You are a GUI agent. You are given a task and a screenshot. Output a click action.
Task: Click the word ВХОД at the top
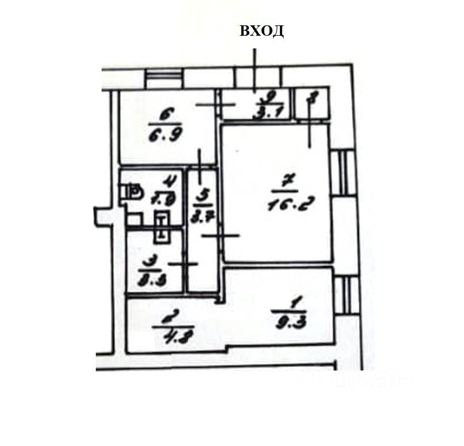[x=261, y=31]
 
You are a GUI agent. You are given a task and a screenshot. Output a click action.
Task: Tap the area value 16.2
[x=284, y=203]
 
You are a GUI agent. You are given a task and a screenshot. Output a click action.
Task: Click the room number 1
[x=295, y=300]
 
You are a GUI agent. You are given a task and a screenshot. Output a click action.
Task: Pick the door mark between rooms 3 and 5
[x=186, y=263]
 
